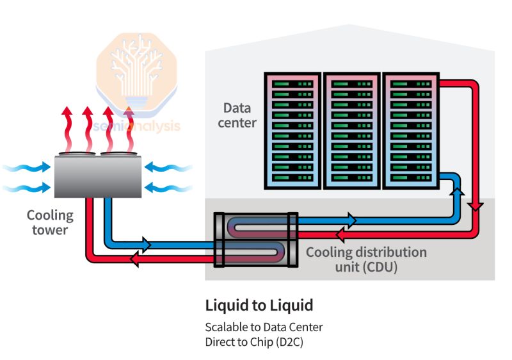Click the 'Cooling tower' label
[50, 222]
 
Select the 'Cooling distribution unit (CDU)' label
[365, 259]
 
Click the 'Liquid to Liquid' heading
[259, 305]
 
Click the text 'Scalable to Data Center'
[264, 327]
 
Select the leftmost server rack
[292, 131]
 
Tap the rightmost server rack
[410, 131]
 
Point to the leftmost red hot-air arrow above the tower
[66, 128]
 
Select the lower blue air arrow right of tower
[168, 188]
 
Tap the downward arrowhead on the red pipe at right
[475, 205]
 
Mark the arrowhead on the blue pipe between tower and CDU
[146, 244]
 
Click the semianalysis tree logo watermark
[138, 71]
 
